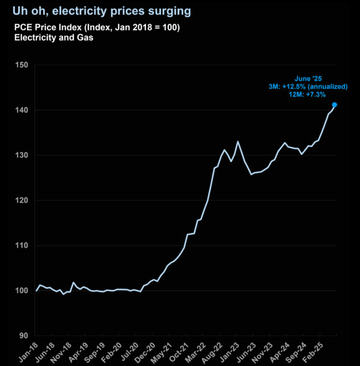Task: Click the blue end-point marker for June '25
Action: tap(335, 105)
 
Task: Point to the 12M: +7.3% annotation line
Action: tap(307, 95)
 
